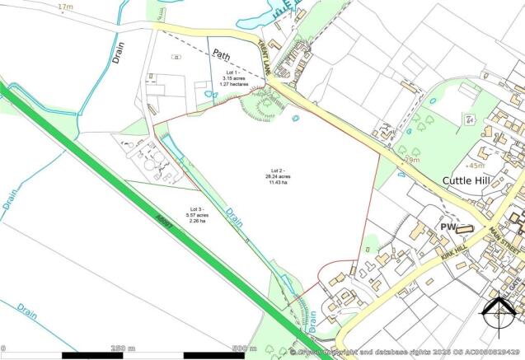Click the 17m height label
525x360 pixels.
(65, 7)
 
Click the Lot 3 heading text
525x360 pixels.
(197, 209)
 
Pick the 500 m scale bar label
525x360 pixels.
(245, 348)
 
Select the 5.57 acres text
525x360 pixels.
(197, 216)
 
